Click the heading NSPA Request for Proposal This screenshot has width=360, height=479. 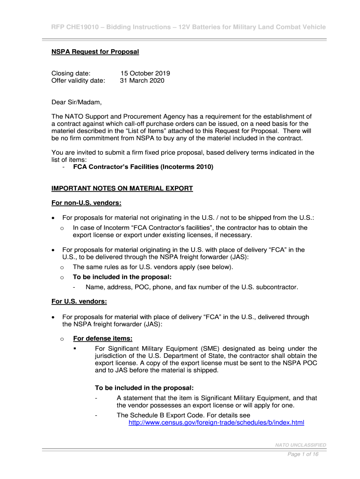[x=95, y=51]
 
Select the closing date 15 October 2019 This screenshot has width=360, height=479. [x=145, y=73]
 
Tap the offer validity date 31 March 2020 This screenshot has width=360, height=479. [x=142, y=80]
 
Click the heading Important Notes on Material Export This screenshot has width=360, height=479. [x=122, y=189]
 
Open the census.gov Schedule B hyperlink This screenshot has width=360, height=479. [x=216, y=422]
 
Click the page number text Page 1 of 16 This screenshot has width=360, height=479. [x=303, y=454]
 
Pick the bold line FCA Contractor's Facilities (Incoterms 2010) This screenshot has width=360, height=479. [x=143, y=167]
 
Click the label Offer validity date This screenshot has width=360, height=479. [x=78, y=80]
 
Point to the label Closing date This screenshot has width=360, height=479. [x=71, y=73]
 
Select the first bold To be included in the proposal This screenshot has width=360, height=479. [x=122, y=277]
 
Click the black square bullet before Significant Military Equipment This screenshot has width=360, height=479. [x=75, y=348]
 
